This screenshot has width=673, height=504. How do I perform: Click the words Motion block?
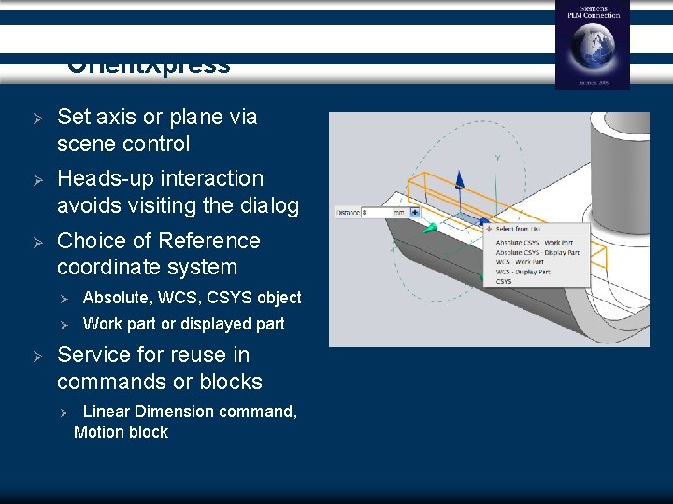121,432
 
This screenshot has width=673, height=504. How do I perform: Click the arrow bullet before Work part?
65,325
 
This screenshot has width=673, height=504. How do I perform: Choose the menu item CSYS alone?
504,281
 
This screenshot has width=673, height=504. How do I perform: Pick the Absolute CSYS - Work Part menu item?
536,241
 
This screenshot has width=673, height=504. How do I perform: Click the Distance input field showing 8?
378,213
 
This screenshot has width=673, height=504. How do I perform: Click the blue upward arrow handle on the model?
459,179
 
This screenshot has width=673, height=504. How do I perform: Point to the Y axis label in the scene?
496,159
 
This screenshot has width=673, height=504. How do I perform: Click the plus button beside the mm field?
415,213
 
